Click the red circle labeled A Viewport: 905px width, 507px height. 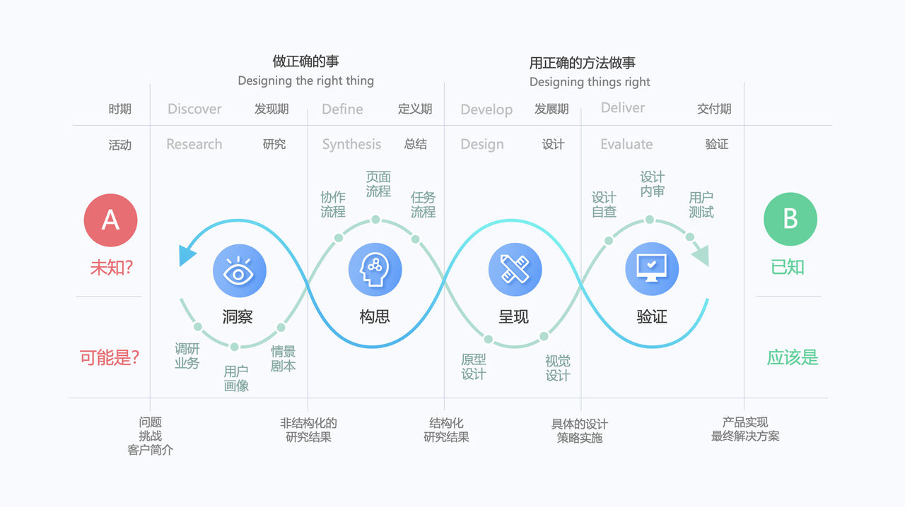click(x=110, y=220)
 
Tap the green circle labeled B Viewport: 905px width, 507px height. click(x=790, y=220)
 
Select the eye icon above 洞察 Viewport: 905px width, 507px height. click(x=239, y=271)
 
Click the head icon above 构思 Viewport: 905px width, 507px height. click(x=375, y=271)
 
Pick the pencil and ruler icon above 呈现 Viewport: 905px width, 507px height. click(x=515, y=271)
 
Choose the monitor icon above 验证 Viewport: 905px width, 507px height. click(x=651, y=270)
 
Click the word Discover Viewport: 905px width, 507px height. click(x=194, y=109)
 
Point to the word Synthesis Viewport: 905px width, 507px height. click(x=351, y=144)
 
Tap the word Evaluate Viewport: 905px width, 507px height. click(x=626, y=144)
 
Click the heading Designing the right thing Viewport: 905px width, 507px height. click(x=305, y=80)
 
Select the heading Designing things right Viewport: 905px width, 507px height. click(x=590, y=82)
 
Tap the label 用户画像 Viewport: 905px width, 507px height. click(x=236, y=378)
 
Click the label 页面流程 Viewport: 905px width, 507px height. click(x=378, y=184)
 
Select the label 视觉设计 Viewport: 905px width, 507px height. click(x=557, y=369)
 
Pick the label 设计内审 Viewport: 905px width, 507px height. click(x=652, y=184)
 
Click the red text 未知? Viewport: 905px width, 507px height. click(x=112, y=268)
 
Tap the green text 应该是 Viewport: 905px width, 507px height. click(x=792, y=357)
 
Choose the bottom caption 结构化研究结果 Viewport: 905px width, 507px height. click(x=446, y=429)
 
